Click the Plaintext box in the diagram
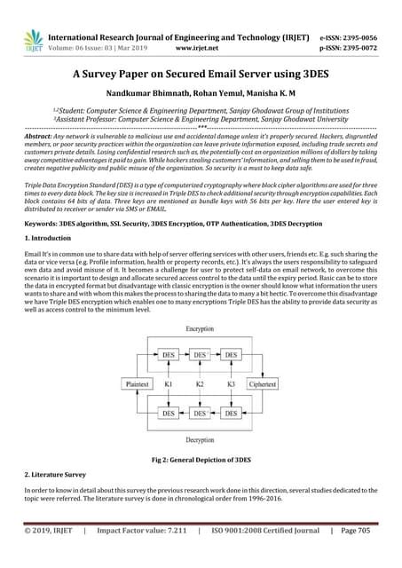[x=139, y=384]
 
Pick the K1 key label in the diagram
[x=169, y=384]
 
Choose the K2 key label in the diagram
[x=200, y=384]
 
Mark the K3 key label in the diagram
[x=231, y=384]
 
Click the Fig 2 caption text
[x=201, y=461]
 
